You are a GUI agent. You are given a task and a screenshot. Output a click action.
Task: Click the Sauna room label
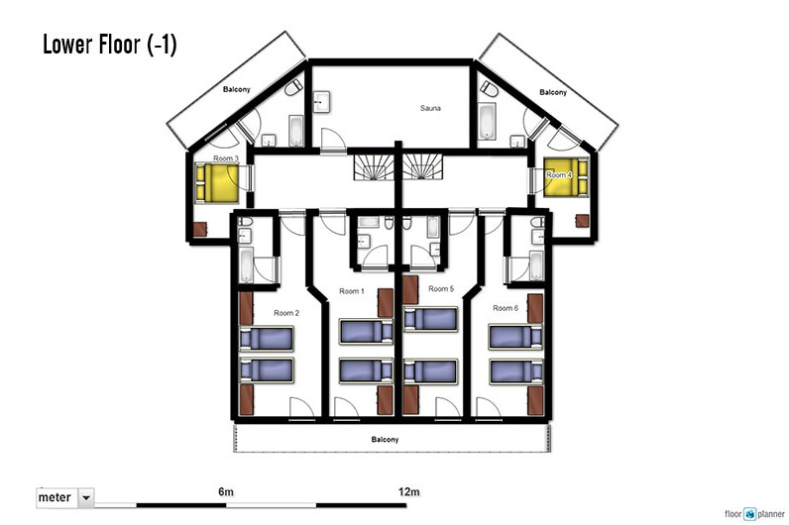[430, 108]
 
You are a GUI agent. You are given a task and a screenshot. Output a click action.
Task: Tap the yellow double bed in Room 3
[217, 182]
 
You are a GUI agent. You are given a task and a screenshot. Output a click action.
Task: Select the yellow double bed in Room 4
[566, 177]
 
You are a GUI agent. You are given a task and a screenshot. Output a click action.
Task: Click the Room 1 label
[352, 291]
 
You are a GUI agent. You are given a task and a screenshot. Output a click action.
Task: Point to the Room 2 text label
[286, 313]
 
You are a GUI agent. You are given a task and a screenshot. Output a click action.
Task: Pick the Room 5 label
[441, 288]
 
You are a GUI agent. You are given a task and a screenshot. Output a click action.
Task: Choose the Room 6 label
[506, 308]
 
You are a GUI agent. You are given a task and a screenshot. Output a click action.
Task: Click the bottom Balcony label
[385, 440]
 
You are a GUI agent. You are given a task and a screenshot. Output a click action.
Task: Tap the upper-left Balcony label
[237, 89]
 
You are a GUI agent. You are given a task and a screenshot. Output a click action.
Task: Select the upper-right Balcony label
[553, 92]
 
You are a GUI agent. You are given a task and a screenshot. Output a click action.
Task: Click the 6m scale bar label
[226, 491]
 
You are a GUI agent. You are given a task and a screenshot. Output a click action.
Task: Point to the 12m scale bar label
[408, 491]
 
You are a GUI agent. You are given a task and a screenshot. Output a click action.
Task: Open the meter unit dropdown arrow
[86, 498]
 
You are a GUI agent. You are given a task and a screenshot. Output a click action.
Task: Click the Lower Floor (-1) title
[110, 44]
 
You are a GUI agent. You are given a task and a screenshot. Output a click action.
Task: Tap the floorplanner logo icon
[750, 513]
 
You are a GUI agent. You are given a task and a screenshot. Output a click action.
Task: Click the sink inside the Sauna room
[321, 102]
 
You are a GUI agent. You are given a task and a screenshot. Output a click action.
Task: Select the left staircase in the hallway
[373, 167]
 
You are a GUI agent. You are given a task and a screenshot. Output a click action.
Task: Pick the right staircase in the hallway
[422, 167]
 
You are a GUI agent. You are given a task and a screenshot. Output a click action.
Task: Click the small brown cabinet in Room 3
[200, 229]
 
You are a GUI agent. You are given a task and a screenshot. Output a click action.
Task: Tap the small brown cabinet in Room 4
[582, 221]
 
